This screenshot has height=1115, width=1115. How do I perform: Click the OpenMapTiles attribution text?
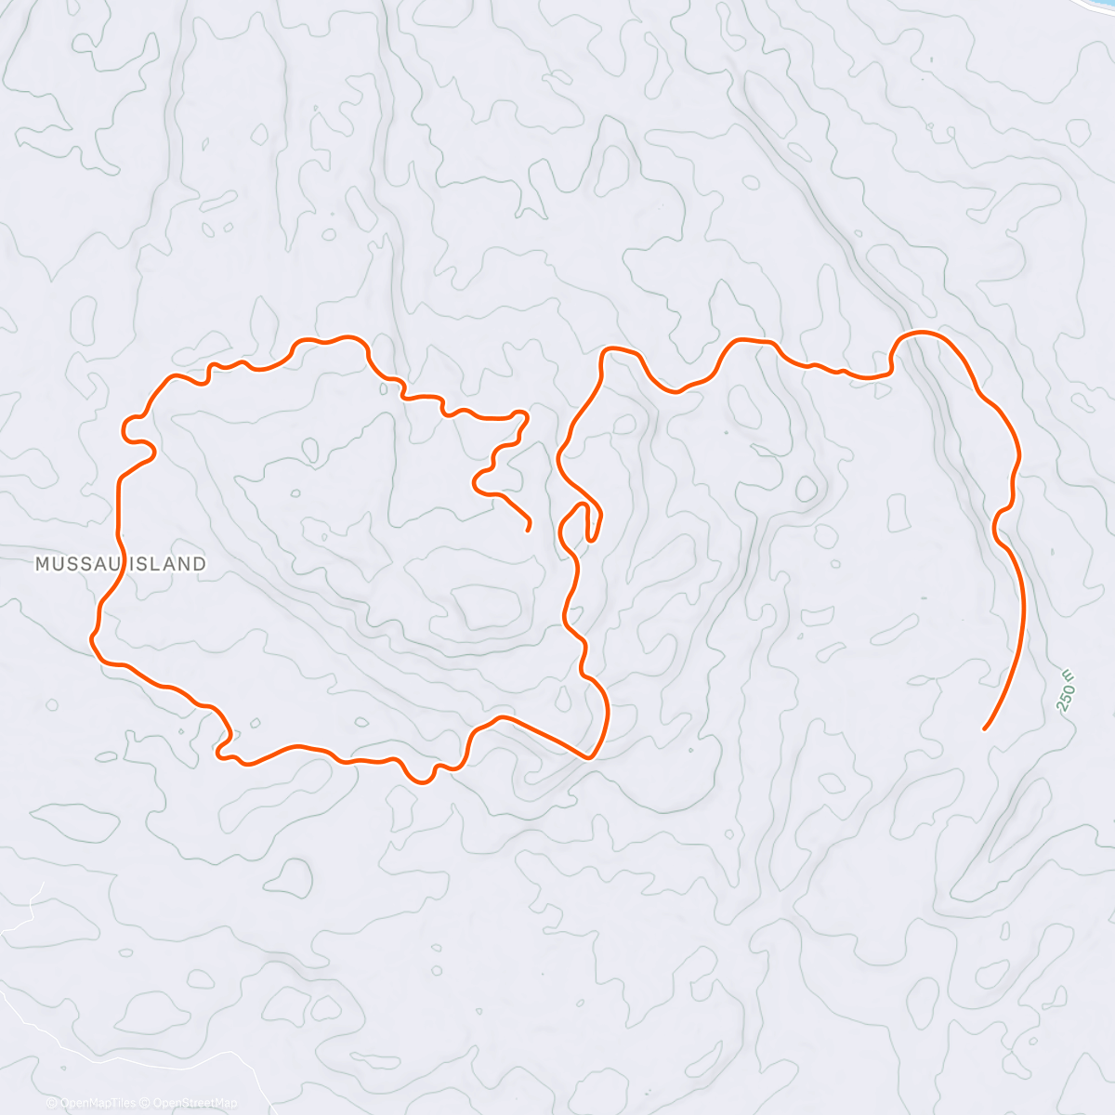(x=97, y=1103)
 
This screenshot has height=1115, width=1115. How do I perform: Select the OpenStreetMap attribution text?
(x=191, y=1103)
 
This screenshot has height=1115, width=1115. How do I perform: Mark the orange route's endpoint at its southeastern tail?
(x=984, y=728)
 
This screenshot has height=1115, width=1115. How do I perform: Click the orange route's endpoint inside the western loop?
(x=528, y=530)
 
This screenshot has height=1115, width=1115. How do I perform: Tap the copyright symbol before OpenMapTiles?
(x=51, y=1103)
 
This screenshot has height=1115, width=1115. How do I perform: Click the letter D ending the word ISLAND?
(x=200, y=563)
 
